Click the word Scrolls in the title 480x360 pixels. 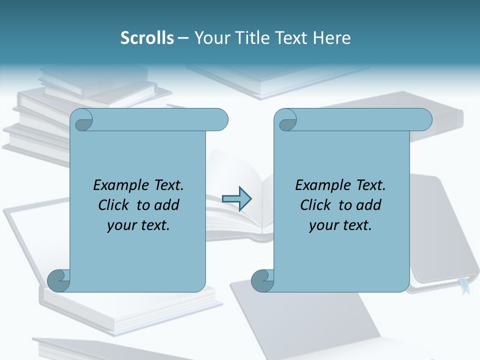147,38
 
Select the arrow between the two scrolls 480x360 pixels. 236,199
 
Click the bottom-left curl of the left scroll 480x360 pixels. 58,280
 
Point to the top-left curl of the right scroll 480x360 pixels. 287,120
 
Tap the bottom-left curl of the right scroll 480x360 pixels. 262,280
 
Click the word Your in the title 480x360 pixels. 210,38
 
